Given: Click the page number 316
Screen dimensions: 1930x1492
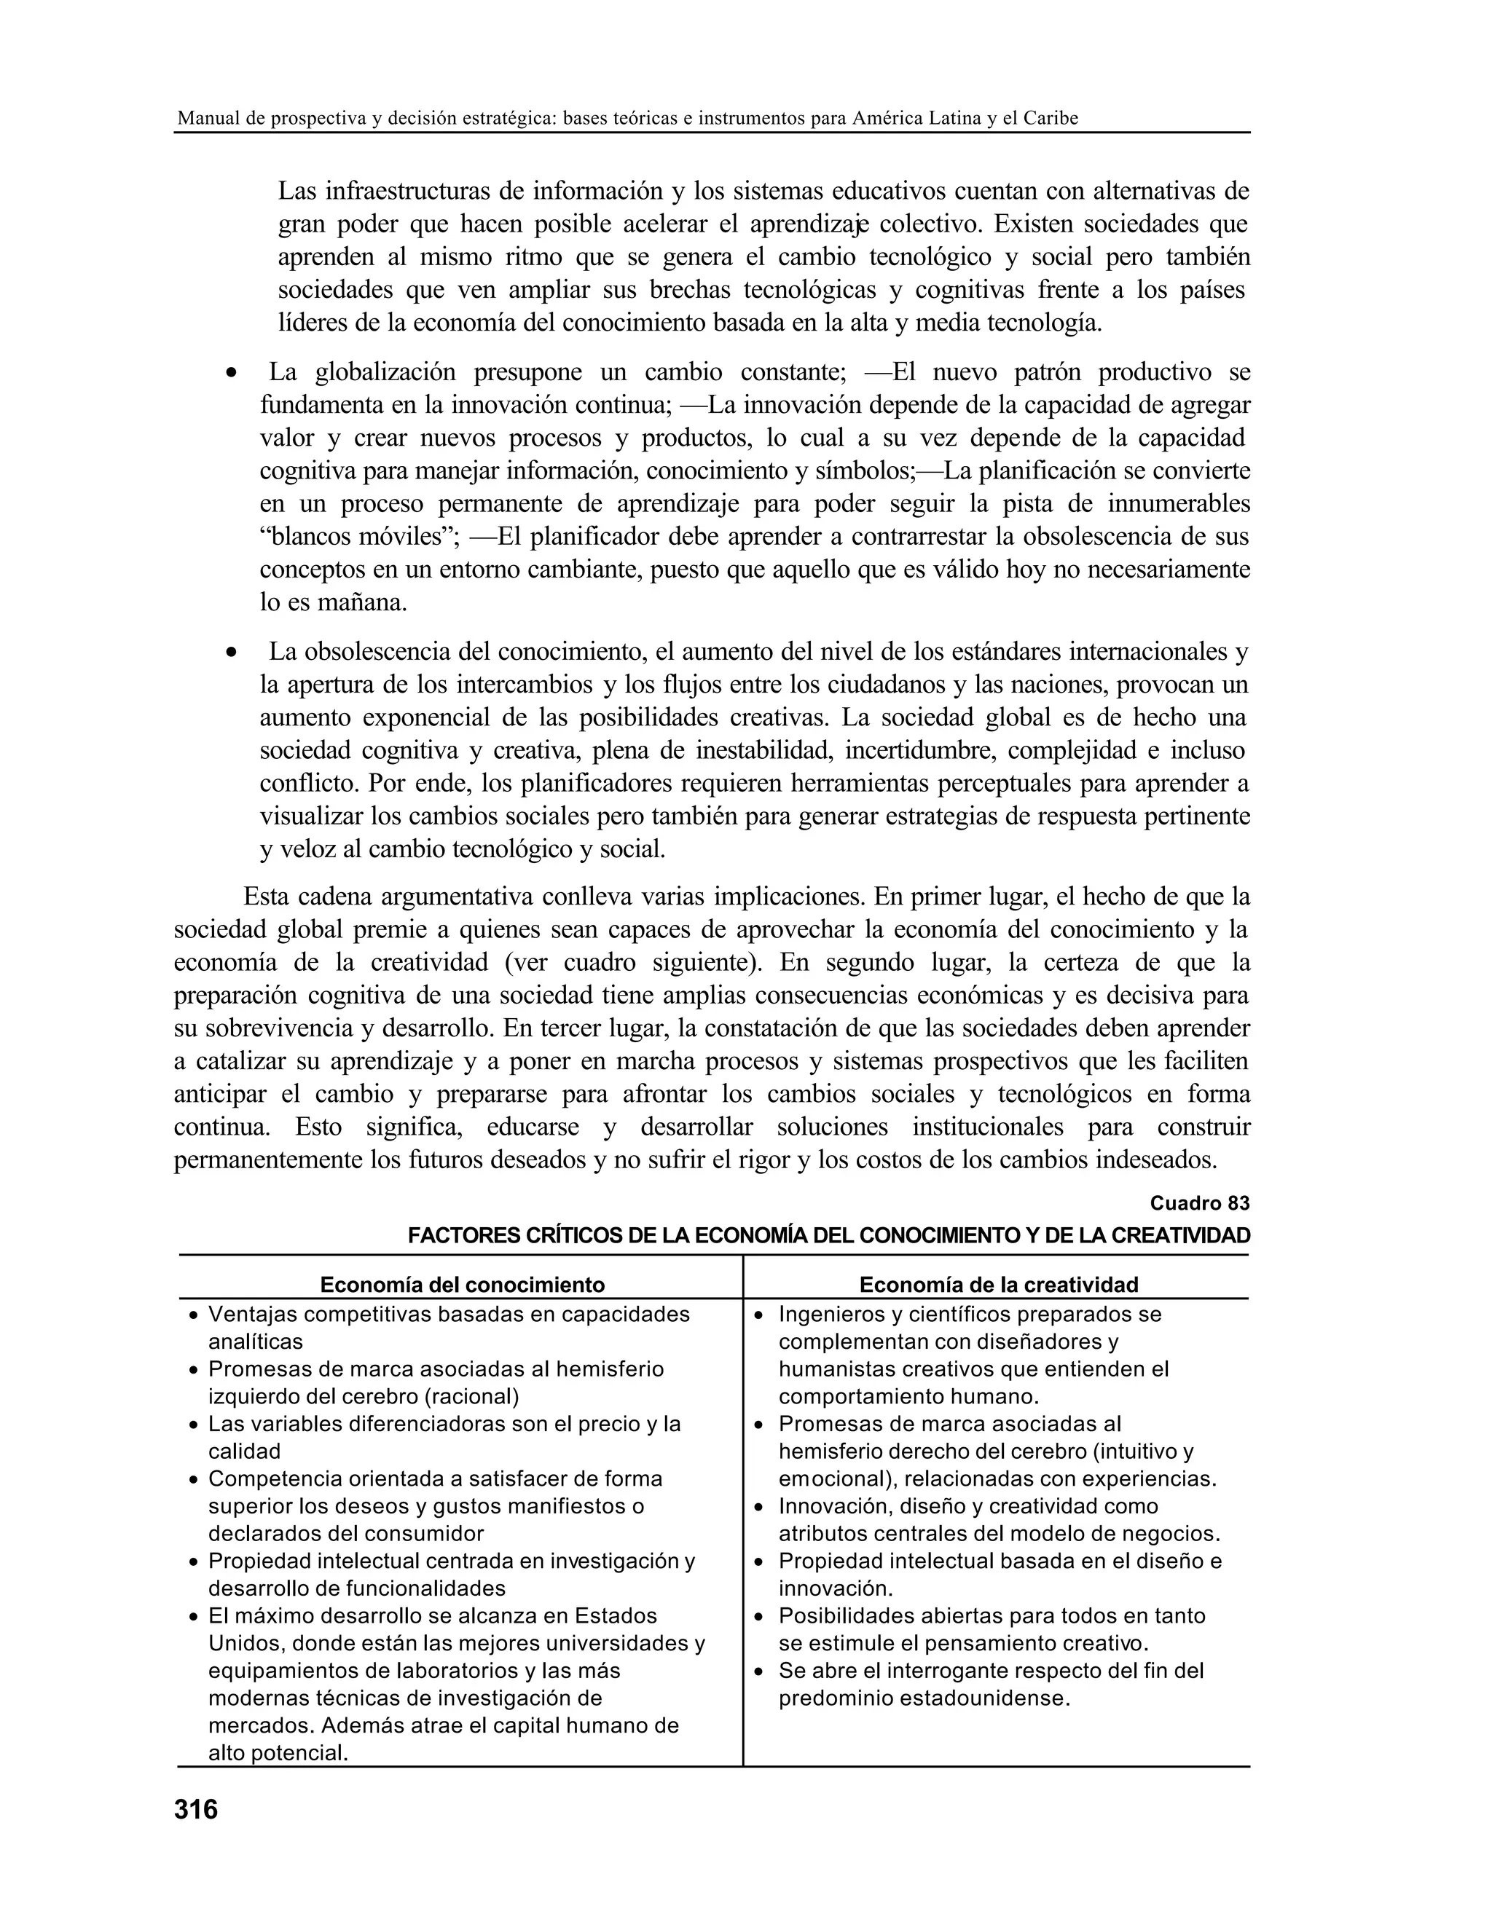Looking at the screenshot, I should click(195, 1810).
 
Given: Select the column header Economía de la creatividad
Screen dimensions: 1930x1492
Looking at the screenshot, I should click(998, 1284).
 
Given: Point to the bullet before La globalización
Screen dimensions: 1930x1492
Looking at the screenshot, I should click(231, 374).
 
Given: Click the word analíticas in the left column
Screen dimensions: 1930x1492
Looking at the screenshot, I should click(256, 1342).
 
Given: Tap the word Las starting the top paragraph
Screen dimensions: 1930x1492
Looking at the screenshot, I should click(298, 191).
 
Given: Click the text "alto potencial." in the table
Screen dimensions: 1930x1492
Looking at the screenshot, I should click(278, 1752).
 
